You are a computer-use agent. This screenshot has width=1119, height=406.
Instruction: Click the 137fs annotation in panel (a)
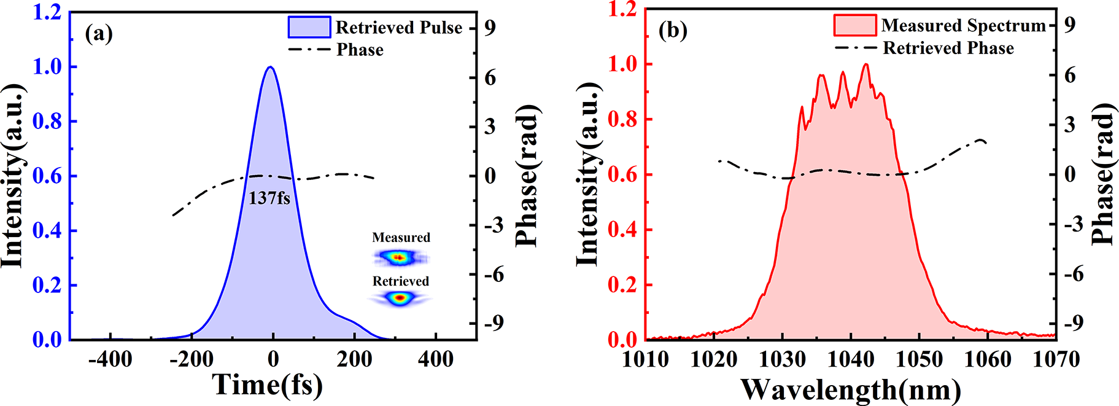[269, 198]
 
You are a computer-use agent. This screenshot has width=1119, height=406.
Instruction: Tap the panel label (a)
[99, 33]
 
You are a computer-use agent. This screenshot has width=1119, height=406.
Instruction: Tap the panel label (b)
[673, 31]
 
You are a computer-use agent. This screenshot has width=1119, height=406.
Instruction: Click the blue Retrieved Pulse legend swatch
[309, 27]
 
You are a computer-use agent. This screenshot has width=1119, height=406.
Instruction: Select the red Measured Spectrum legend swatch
[854, 25]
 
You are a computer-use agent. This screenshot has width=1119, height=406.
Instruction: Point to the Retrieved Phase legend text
[948, 48]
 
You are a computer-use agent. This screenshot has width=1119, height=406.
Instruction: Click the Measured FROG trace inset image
[400, 258]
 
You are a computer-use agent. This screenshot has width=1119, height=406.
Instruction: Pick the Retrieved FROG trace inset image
[400, 299]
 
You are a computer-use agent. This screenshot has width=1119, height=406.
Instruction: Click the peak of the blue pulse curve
[270, 68]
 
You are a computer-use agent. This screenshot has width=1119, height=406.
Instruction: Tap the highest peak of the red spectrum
[866, 64]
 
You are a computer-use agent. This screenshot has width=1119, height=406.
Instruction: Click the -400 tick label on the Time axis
[110, 359]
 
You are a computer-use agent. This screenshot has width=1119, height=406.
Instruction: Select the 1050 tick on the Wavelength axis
[919, 359]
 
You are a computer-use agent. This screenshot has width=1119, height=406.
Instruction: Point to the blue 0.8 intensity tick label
[47, 121]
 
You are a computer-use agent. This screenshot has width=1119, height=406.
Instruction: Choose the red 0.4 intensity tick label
[622, 230]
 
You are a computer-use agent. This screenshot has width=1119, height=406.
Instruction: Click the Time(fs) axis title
[267, 385]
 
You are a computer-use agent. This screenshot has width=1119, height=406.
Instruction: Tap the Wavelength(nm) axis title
[851, 389]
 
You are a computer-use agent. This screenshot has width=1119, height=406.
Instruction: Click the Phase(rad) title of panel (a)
[527, 176]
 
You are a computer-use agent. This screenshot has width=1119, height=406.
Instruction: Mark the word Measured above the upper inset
[401, 238]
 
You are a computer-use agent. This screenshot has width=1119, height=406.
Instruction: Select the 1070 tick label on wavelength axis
[1056, 359]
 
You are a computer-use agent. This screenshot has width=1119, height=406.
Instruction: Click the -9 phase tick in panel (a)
[494, 323]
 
